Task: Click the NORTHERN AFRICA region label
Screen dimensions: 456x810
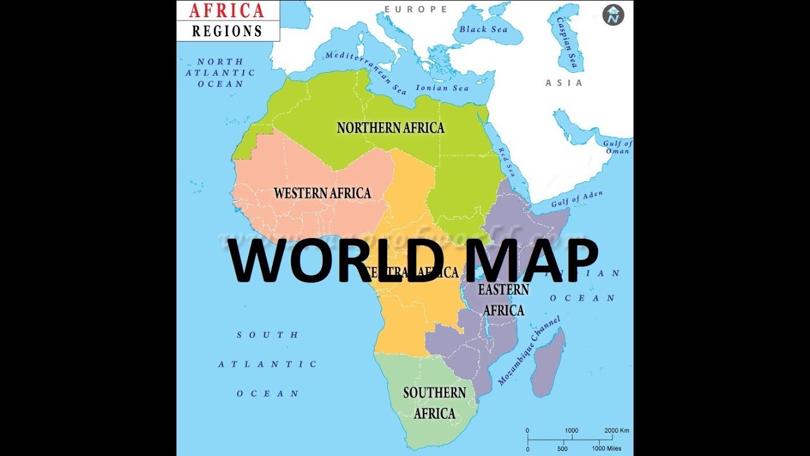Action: click(390, 128)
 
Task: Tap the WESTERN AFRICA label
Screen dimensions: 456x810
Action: click(322, 193)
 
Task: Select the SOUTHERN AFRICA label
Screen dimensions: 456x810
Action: click(435, 403)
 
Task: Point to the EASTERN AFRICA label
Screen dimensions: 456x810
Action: click(504, 300)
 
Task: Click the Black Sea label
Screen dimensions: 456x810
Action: click(483, 30)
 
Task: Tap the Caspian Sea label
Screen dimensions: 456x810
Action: click(568, 42)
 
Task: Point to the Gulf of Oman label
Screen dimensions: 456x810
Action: click(617, 148)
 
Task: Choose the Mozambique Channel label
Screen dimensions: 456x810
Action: click(529, 351)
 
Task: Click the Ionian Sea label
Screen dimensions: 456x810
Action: click(442, 88)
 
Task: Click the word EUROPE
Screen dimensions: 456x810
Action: click(416, 9)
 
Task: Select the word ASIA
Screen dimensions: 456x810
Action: click(564, 83)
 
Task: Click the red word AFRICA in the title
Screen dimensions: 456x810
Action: click(227, 10)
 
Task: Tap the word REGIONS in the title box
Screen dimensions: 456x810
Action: click(227, 30)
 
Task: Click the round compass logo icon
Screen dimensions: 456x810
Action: click(613, 15)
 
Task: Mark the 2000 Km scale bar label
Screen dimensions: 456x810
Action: click(617, 431)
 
